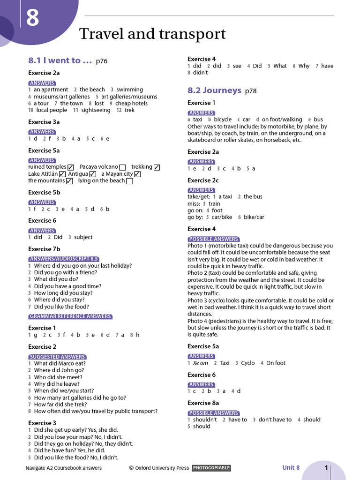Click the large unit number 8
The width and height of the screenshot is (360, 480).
32,20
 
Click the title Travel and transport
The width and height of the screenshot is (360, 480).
152,34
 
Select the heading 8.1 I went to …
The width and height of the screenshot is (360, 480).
60,60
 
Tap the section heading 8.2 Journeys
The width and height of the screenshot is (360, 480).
214,90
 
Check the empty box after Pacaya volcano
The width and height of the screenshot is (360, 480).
122,167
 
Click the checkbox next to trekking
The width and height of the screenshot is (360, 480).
157,167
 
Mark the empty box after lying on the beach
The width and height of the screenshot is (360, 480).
130,181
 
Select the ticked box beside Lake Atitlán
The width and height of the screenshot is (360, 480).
62,174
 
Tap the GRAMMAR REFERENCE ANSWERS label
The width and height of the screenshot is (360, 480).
70,316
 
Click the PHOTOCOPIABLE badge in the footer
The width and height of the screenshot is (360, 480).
211,468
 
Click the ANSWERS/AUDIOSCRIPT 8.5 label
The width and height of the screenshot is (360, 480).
64,259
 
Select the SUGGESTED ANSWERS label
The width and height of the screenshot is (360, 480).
57,357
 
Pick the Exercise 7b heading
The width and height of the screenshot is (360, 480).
44,249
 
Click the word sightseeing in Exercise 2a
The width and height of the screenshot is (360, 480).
96,110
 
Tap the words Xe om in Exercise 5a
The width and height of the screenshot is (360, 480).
200,363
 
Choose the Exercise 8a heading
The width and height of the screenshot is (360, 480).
203,403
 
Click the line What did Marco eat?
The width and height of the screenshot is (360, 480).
60,363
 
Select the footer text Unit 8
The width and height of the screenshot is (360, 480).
291,467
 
